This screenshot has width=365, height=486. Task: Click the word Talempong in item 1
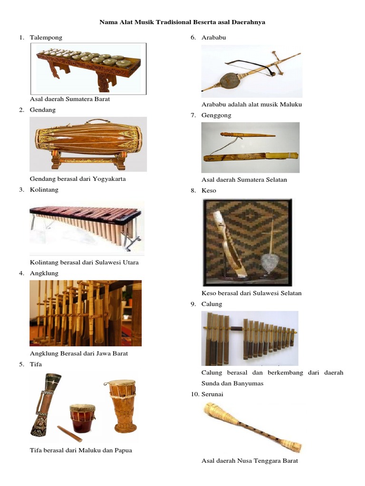tap(46, 37)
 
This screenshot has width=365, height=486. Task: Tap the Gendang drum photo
tap(88, 144)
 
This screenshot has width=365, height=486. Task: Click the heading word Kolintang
tap(44, 190)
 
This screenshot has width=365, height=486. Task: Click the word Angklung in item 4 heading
tap(44, 273)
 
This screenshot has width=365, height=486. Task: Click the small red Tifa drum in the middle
tap(82, 418)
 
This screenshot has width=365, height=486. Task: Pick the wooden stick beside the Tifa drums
tap(69, 434)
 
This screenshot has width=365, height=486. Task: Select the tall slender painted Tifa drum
tap(45, 404)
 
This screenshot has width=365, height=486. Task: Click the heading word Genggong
tap(216, 116)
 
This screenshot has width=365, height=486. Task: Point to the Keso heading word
tap(209, 191)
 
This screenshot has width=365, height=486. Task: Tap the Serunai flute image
tap(252, 428)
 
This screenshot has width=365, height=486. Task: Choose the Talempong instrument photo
tap(88, 69)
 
